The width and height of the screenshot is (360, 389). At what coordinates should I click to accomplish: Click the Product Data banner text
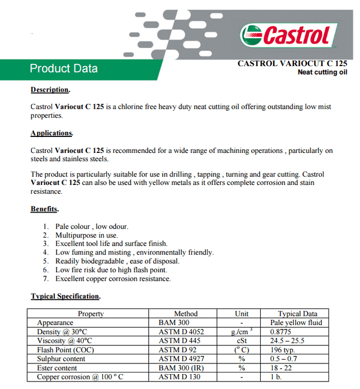tap(63, 69)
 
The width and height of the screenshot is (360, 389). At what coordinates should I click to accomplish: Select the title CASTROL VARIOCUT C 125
tap(292, 63)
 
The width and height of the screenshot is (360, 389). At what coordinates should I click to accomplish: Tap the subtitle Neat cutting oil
tap(322, 72)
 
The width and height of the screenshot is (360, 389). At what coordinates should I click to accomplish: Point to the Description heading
tap(50, 90)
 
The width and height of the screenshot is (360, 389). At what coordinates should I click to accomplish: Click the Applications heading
tap(52, 133)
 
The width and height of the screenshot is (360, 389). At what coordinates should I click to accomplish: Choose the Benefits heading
tap(45, 209)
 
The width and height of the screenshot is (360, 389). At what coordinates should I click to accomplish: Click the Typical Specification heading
tap(66, 296)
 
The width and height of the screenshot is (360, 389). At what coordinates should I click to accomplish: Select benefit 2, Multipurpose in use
tap(86, 235)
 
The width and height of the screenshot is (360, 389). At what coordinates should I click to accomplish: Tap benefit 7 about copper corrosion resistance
tap(113, 279)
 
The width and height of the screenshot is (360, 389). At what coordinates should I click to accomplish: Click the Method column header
tap(186, 314)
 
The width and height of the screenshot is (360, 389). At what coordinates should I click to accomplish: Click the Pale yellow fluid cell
tap(296, 323)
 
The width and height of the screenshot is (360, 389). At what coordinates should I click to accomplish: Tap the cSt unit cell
tap(242, 341)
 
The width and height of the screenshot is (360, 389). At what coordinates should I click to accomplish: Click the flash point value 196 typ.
tap(283, 350)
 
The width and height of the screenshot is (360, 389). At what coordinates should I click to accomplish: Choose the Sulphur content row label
tap(61, 359)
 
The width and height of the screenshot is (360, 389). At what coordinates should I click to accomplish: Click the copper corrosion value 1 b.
tap(275, 377)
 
